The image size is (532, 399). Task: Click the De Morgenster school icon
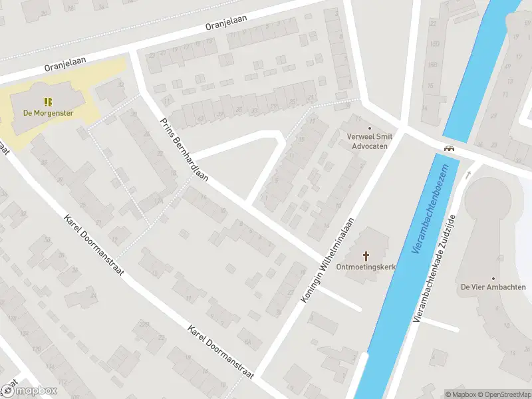pyautogui.click(x=47, y=101)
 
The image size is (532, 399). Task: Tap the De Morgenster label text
pyautogui.click(x=48, y=113)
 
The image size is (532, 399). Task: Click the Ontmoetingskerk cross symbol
pyautogui.click(x=366, y=255)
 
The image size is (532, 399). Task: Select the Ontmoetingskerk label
pyautogui.click(x=366, y=268)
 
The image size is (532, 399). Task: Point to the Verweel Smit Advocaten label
pyautogui.click(x=370, y=141)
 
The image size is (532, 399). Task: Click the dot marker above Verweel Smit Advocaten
pyautogui.click(x=370, y=128)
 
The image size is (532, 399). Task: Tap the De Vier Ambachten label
pyautogui.click(x=493, y=287)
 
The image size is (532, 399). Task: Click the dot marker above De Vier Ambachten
pyautogui.click(x=493, y=278)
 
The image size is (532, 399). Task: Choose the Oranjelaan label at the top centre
pyautogui.click(x=226, y=23)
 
